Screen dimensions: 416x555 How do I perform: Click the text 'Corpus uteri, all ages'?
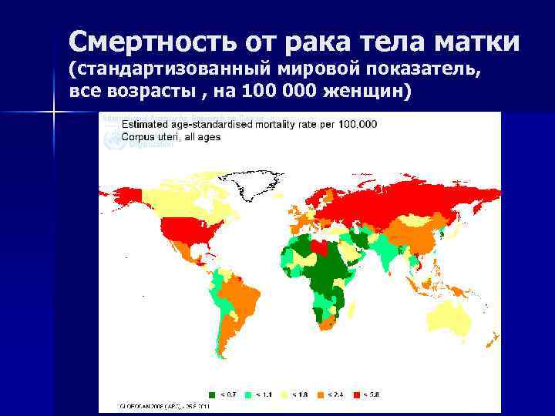click(171, 137)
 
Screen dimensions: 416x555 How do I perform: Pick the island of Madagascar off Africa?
click(354, 316)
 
